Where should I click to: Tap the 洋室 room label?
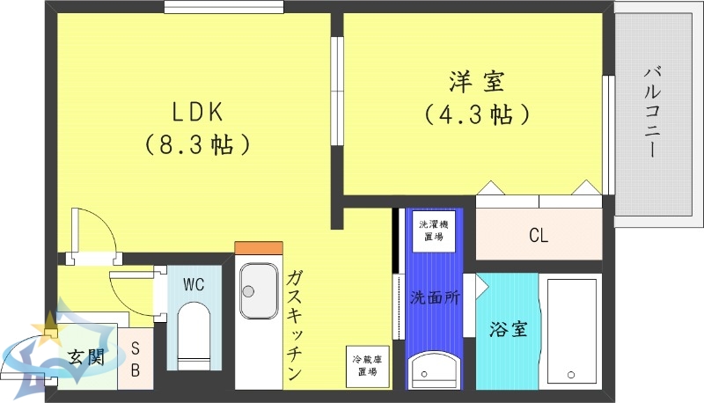pos(475,84)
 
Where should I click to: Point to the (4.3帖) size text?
pos(475,114)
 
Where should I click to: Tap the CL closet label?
pos(539,236)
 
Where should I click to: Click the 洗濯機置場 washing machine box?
pos(430,231)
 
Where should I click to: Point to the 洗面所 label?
pos(435,297)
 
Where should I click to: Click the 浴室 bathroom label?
pos(508,330)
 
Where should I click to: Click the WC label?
pos(194,284)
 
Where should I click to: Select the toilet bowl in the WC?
pos(193,330)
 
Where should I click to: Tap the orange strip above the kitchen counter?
pos(259,247)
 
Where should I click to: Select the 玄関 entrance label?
pos(86,358)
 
